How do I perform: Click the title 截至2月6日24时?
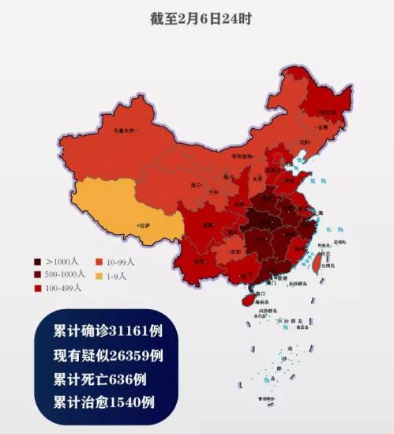coord(197,17)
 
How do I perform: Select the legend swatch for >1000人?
coord(37,261)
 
